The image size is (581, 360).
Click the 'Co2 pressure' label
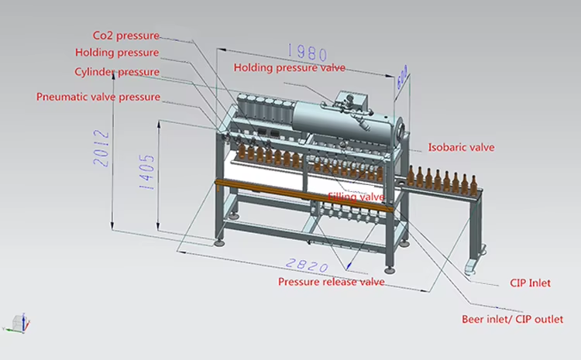click(125, 36)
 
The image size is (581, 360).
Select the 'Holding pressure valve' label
click(290, 67)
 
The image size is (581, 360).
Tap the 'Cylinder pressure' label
click(117, 72)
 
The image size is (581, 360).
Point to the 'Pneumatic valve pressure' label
click(98, 98)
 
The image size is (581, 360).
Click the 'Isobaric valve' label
click(461, 147)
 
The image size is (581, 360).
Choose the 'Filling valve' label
click(356, 197)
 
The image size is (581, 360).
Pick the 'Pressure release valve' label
click(332, 282)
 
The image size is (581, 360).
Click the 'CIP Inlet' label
click(530, 283)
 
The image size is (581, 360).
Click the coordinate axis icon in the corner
click(21, 321)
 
